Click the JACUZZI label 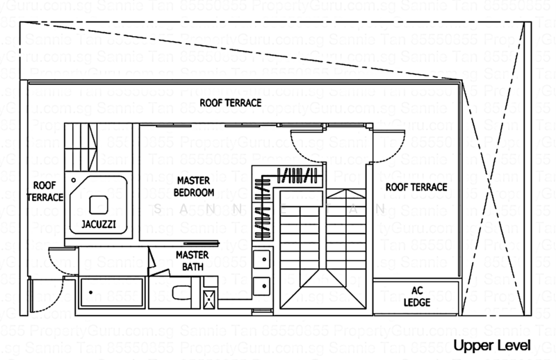pyautogui.click(x=98, y=225)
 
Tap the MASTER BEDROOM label pyautogui.click(x=194, y=186)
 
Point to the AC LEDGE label pyautogui.click(x=417, y=297)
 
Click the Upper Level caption pyautogui.click(x=491, y=345)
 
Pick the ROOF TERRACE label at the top pyautogui.click(x=230, y=103)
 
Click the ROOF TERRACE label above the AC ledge pyautogui.click(x=416, y=187)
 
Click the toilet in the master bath pyautogui.click(x=180, y=292)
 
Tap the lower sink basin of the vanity pyautogui.click(x=261, y=285)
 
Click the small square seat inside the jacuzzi pyautogui.click(x=99, y=204)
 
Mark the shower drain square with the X pyautogui.click(x=208, y=299)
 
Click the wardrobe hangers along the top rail pyautogui.click(x=297, y=174)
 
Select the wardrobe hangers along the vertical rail pyautogui.click(x=262, y=205)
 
